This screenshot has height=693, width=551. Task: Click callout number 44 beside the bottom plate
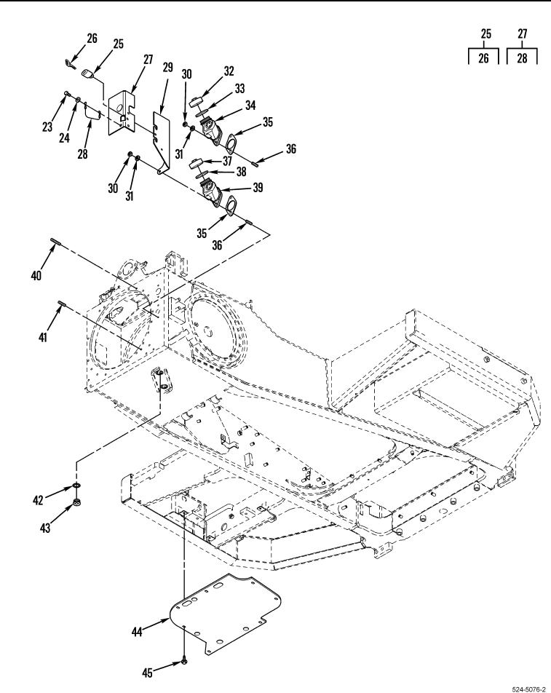(x=137, y=632)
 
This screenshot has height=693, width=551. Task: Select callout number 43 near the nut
(x=45, y=527)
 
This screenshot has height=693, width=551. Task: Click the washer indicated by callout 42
(x=77, y=486)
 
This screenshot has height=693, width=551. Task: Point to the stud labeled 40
(x=55, y=242)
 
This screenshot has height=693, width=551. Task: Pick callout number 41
(x=42, y=337)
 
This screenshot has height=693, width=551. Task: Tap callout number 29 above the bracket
(x=167, y=68)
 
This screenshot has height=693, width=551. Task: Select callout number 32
(x=229, y=71)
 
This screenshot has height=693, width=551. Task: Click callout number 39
(x=258, y=187)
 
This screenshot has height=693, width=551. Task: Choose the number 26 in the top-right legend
(x=484, y=58)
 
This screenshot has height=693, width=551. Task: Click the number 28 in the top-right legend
(x=523, y=58)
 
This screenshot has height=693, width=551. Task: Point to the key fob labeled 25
(x=88, y=74)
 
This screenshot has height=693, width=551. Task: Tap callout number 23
(x=47, y=127)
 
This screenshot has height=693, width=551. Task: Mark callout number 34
(x=250, y=105)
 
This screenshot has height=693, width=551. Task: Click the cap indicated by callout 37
(x=195, y=164)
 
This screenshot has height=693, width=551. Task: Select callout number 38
(x=241, y=171)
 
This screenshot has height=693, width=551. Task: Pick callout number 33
(x=239, y=88)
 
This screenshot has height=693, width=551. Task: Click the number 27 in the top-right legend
(x=523, y=33)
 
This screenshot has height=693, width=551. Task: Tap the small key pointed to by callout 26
(x=71, y=64)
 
